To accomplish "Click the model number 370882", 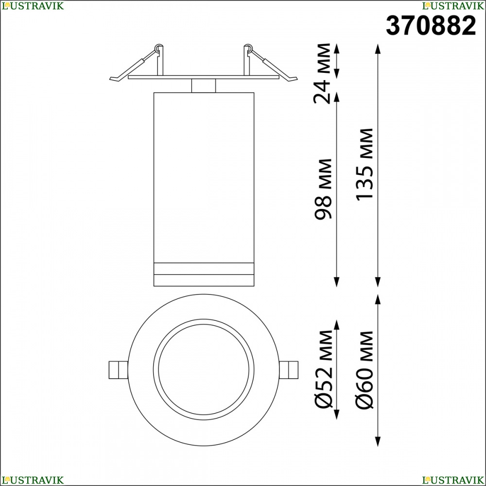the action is [431, 26].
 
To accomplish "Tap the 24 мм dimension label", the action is [322, 73].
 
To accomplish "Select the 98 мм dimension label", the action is [323, 189].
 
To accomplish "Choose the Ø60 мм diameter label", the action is [364, 369].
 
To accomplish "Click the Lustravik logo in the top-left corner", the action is [33, 5].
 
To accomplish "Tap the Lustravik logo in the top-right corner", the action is [453, 5].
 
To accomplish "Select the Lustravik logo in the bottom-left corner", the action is [33, 480].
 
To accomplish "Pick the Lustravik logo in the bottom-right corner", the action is [453, 480].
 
